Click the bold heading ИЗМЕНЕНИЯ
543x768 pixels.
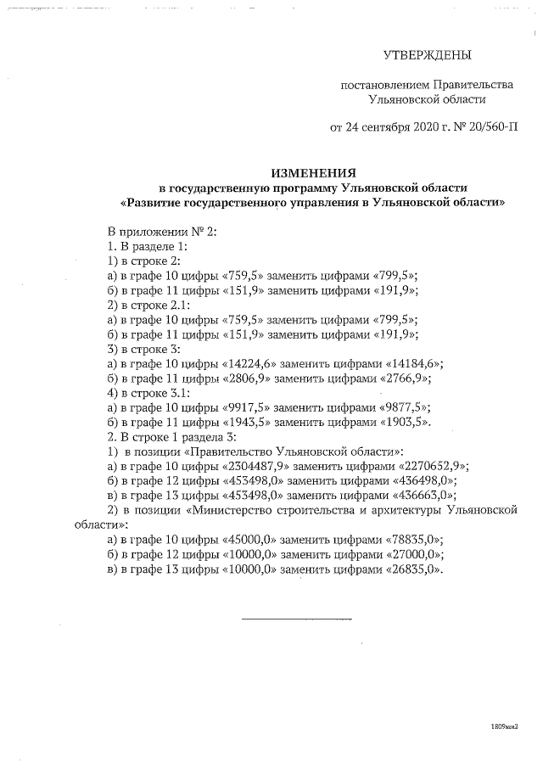click(313, 171)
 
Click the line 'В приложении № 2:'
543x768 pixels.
click(162, 232)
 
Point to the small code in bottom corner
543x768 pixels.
click(504, 727)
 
